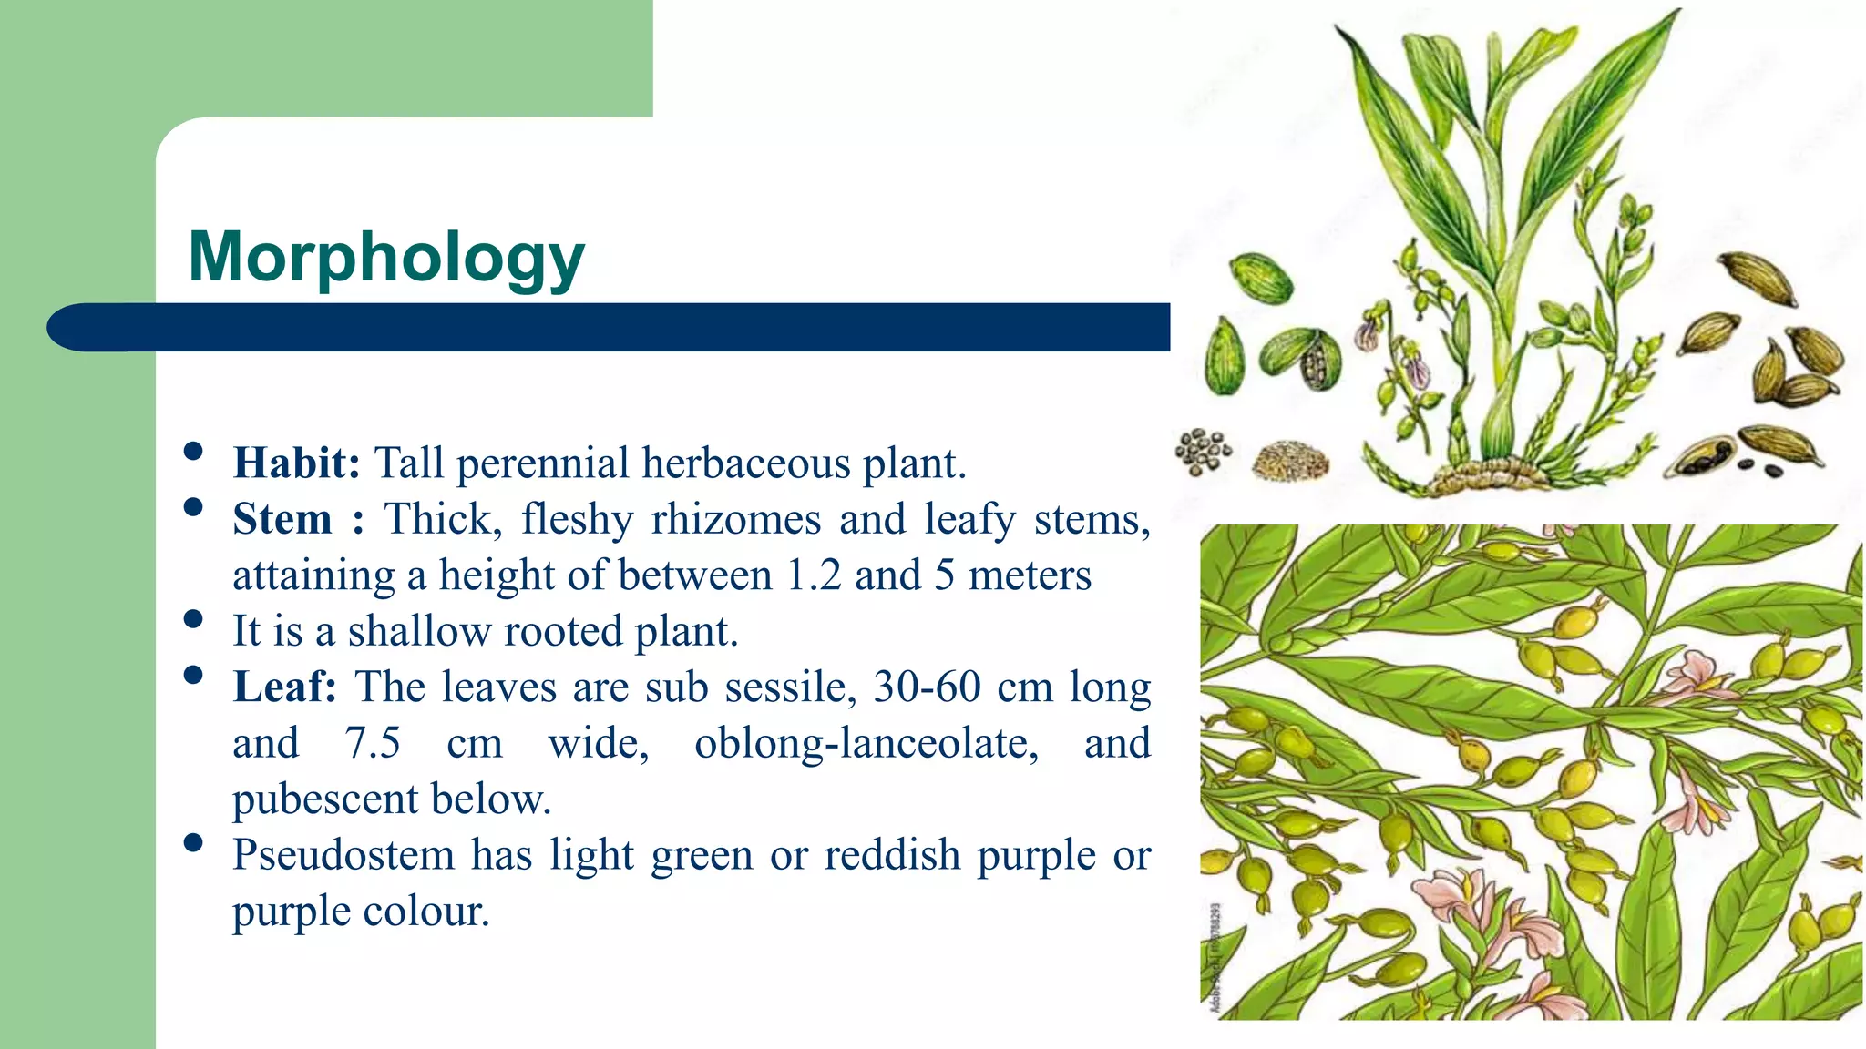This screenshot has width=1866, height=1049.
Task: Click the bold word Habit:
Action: point(297,463)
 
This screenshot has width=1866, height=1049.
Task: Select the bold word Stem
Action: point(282,519)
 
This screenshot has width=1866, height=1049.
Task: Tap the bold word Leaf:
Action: point(284,687)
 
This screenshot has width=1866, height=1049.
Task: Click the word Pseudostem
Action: point(343,855)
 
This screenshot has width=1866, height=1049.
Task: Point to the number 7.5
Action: point(372,743)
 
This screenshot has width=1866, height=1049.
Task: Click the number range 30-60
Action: point(927,687)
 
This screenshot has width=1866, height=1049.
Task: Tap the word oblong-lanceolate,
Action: point(866,743)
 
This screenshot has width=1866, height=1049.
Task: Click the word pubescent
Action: point(325,799)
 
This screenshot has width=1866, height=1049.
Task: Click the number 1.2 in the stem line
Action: point(814,575)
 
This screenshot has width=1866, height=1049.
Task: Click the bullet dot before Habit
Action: point(192,452)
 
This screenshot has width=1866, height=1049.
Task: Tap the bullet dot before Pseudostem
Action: point(192,843)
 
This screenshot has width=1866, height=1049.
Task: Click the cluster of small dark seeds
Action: point(1202,452)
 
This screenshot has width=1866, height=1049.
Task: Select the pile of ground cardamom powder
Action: point(1290,461)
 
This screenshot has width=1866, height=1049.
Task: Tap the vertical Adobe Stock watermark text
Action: point(1215,956)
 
